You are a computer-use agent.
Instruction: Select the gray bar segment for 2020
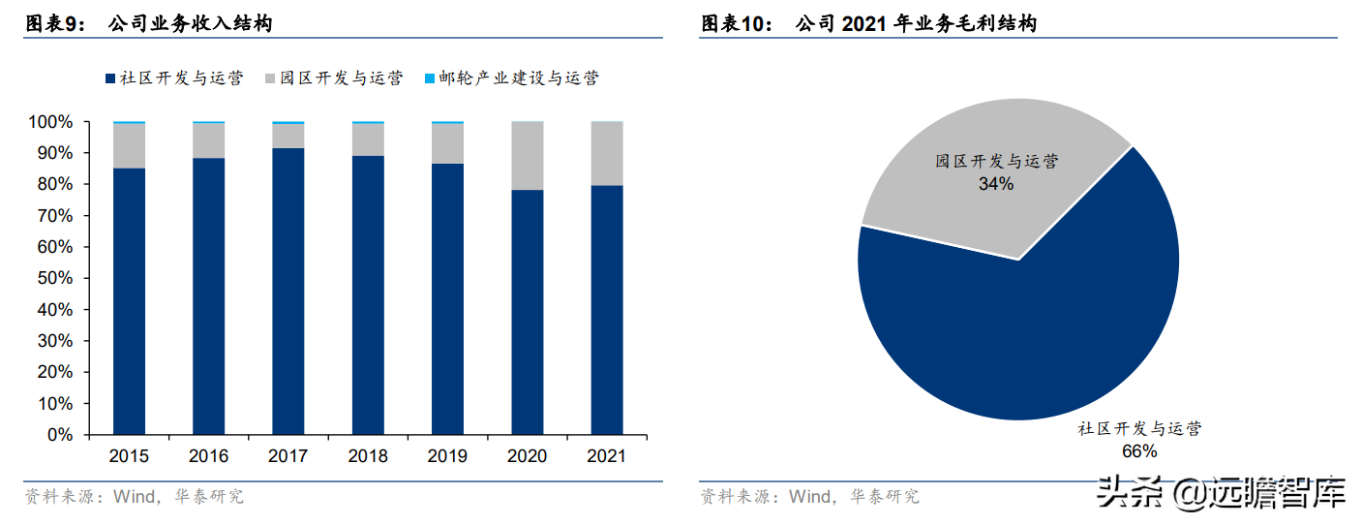tap(527, 155)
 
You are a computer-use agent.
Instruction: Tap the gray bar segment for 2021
tap(606, 153)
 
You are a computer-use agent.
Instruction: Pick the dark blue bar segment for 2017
tap(288, 291)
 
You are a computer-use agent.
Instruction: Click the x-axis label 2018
tap(368, 456)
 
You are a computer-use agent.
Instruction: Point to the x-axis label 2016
tap(208, 456)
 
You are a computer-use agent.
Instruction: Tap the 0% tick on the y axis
tap(59, 435)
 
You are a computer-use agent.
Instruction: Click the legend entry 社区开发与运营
tap(172, 78)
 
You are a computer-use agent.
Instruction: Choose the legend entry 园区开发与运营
tap(333, 78)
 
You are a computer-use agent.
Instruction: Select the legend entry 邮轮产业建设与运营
tap(510, 78)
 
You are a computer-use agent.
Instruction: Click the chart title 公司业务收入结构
tap(190, 23)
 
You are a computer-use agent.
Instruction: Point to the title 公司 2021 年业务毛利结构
tap(915, 23)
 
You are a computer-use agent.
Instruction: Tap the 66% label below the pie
tap(1139, 450)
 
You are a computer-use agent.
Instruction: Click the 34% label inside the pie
tap(995, 183)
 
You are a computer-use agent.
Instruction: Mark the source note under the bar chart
tap(135, 497)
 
